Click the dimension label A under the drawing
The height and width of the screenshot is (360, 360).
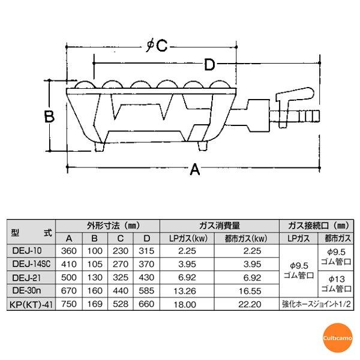click(194, 171)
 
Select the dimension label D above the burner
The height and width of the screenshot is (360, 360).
click(209, 64)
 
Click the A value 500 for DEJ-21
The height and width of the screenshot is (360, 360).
click(70, 278)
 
